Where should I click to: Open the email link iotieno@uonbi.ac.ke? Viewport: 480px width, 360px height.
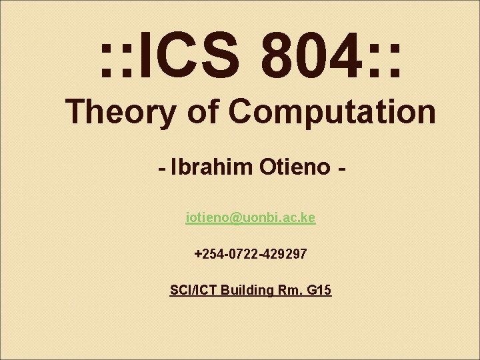point(251,218)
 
